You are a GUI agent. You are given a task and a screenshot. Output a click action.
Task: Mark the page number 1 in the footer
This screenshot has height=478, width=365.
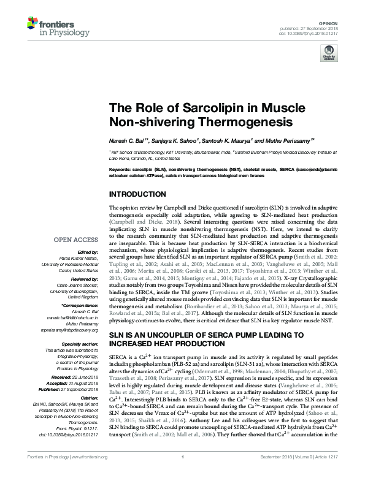pyautogui.click(x=182, y=473)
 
